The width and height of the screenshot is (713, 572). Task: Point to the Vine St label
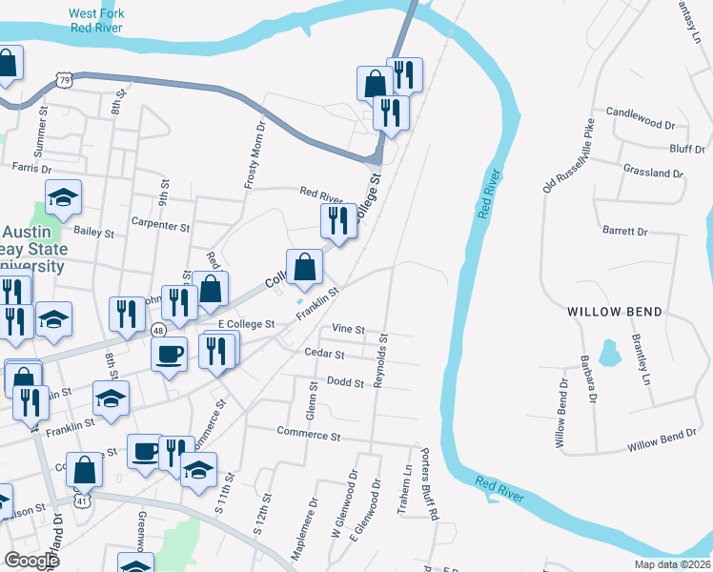point(348,329)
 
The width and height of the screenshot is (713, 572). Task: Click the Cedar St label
point(326,354)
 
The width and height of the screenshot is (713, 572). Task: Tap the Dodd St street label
point(346,383)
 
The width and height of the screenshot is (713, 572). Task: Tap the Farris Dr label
point(31,168)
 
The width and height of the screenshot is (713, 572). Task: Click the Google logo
point(31,561)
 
